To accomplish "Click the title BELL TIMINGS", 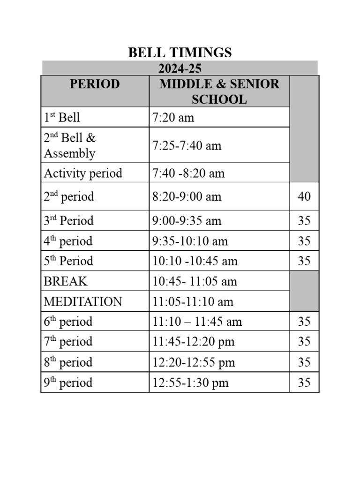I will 180,52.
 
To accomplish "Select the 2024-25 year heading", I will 180,68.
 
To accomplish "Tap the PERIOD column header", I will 95,84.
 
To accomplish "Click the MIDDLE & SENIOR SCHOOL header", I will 219,91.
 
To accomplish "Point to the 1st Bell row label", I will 62,117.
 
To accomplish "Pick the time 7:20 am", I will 173,117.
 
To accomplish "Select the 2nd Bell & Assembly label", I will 69,145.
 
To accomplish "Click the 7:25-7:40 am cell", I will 187,145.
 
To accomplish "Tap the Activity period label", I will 83,173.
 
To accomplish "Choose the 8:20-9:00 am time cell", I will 187,196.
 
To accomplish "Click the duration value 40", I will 304,196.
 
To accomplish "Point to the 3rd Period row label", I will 68,221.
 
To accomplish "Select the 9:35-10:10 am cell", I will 190,241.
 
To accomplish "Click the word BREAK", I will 66,281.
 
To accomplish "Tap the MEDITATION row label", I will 83,301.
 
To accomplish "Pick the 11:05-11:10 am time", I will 193,301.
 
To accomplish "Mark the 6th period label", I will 68,322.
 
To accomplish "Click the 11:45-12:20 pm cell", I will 193,342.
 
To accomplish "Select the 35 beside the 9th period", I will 304,382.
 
